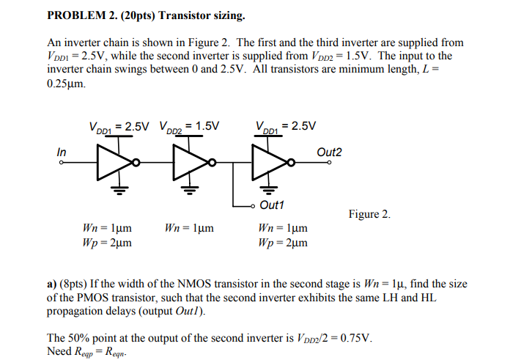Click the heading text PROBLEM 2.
point(79,14)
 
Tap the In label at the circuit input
point(62,151)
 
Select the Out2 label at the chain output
point(329,152)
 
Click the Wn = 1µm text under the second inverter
point(189,228)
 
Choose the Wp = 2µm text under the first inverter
point(108,242)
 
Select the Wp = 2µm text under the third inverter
point(283,242)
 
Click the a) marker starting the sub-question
point(52,283)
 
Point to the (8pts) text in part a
point(77,283)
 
